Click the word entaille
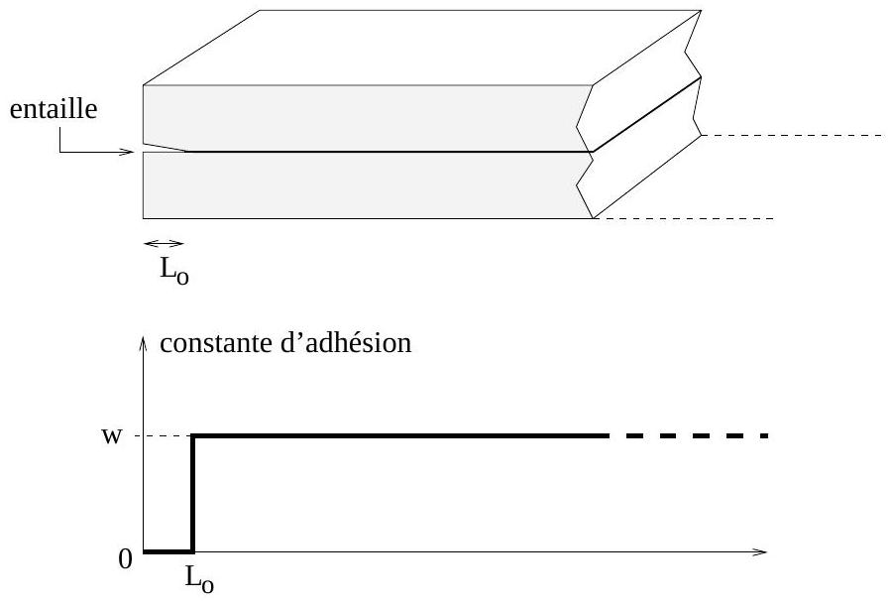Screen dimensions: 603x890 (x=54, y=110)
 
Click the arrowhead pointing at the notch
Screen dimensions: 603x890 (x=129, y=153)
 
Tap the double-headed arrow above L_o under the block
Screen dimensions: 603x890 (x=164, y=243)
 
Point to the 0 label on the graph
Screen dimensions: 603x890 (x=125, y=560)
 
